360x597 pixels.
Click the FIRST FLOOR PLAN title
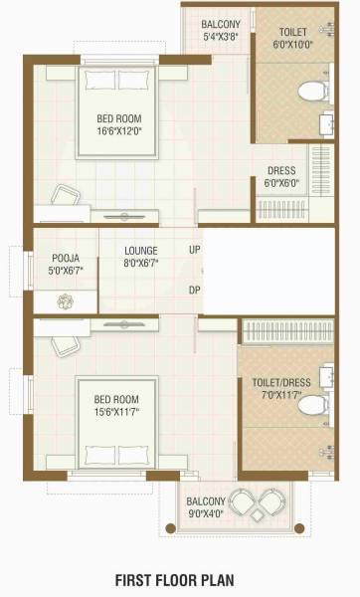(x=179, y=579)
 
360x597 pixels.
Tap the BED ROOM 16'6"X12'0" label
(x=116, y=123)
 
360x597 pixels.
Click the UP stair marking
(x=195, y=249)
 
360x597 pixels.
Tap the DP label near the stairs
(x=195, y=291)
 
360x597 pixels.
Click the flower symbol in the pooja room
(x=66, y=299)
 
